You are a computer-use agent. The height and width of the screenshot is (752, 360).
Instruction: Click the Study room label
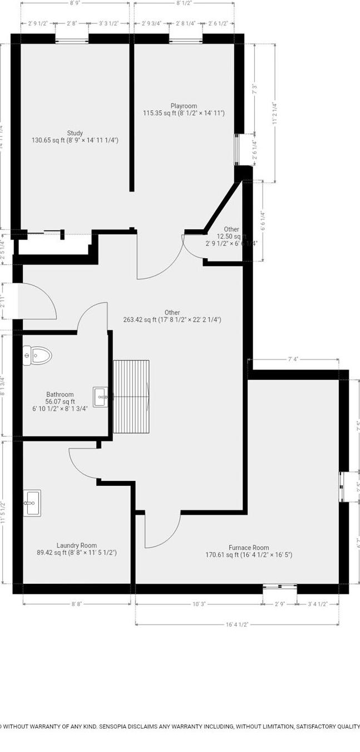tap(75, 133)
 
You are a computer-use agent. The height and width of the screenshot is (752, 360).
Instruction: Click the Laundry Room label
tap(77, 545)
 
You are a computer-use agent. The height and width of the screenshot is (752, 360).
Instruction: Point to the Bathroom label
tap(60, 395)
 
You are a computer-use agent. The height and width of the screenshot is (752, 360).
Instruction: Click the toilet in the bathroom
tap(37, 355)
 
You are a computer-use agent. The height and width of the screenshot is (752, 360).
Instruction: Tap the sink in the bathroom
tap(101, 397)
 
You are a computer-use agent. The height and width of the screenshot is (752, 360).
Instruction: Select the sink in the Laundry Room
tap(32, 504)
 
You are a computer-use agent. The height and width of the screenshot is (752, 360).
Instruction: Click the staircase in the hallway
tap(131, 396)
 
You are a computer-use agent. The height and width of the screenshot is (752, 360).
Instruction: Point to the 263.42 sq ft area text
tap(172, 320)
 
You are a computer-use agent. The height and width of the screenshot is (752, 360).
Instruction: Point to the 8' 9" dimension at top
tap(75, 3)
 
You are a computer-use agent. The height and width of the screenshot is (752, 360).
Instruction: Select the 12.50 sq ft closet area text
tap(231, 237)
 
